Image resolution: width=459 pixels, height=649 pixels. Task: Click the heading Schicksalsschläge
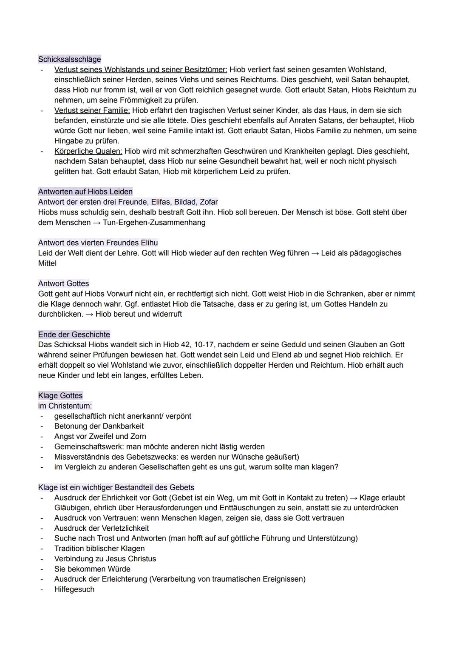69,59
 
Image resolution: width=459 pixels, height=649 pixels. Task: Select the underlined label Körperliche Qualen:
88,151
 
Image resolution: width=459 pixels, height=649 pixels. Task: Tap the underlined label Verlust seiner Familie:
92,110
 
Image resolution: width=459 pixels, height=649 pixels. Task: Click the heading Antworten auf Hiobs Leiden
85,192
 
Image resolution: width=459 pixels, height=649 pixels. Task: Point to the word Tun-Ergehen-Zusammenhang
154,222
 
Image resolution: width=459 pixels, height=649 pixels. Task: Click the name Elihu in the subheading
148,243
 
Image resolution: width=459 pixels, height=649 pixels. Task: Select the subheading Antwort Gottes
63,283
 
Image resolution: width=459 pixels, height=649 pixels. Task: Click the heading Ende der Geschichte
74,334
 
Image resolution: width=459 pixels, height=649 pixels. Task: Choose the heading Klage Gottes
60,395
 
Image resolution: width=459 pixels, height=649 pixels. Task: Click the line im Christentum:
65,406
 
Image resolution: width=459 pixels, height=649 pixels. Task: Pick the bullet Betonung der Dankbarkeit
99,426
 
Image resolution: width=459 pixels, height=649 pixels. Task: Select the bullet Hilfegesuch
74,589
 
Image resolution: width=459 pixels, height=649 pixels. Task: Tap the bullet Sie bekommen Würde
92,569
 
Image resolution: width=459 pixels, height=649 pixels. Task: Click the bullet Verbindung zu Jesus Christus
105,558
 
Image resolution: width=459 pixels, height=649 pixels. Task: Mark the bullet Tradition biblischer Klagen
99,548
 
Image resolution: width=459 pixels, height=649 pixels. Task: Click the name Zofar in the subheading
208,202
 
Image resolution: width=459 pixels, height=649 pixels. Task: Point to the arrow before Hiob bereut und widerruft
89,314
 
